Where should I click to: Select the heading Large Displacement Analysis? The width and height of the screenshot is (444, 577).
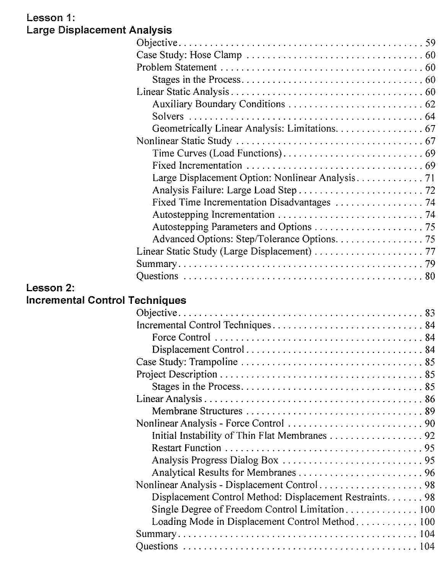point(99,30)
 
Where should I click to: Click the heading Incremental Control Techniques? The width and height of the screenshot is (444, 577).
point(106,300)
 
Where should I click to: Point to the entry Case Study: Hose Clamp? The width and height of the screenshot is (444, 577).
point(189,55)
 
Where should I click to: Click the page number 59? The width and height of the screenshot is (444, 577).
point(430,43)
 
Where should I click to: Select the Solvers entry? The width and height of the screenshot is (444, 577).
point(168,116)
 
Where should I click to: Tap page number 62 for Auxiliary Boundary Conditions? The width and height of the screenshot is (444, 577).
point(430,104)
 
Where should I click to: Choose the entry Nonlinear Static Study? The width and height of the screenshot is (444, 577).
point(184,141)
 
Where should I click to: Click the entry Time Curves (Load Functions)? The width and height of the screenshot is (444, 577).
point(217,153)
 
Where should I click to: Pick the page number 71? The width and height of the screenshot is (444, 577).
point(430,178)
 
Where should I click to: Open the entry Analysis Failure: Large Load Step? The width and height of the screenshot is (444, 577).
point(224,190)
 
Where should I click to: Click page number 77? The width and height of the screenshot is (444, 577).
point(430,251)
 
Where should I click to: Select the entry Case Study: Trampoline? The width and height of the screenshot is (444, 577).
point(187,362)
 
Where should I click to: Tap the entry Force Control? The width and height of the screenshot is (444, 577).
point(181,337)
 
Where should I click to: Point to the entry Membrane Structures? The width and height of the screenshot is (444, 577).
point(197,411)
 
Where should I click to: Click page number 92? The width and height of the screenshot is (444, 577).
point(429,435)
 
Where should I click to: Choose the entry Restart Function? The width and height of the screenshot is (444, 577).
point(186,448)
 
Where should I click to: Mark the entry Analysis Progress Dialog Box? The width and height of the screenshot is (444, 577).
point(215,460)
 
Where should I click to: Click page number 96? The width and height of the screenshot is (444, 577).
point(429,472)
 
